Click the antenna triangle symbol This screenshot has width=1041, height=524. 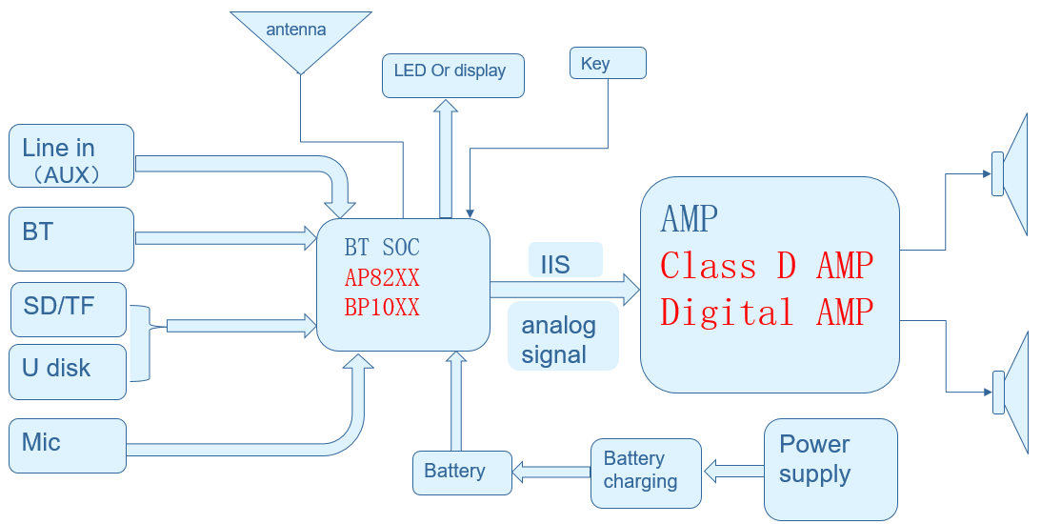(x=300, y=38)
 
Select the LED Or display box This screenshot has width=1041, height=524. (x=453, y=74)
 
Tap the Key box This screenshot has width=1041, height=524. (x=608, y=63)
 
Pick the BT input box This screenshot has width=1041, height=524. (x=71, y=238)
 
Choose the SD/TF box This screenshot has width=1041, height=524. (x=68, y=309)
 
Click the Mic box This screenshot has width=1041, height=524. (x=68, y=445)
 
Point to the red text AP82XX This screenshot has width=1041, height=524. (x=382, y=278)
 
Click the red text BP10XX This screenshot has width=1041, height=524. (x=382, y=308)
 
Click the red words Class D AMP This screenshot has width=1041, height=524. (x=767, y=266)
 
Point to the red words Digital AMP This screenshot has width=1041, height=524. (x=767, y=312)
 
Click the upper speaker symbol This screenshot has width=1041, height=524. (x=1011, y=174)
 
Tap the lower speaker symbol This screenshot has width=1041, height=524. (x=1011, y=392)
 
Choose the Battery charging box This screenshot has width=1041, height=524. (x=646, y=471)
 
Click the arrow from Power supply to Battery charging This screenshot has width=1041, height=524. (x=733, y=470)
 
